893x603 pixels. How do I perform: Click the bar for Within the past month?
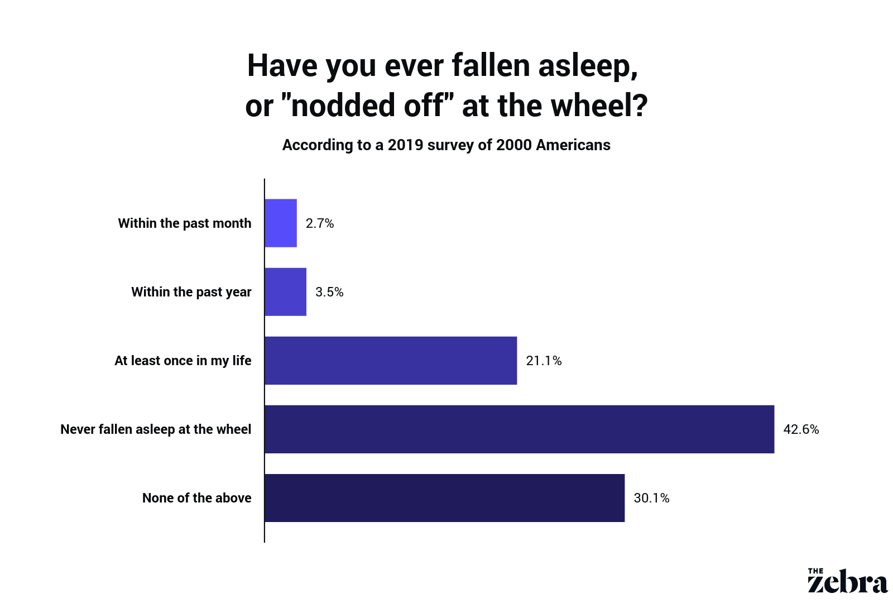[281, 223]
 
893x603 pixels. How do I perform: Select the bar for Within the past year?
[285, 292]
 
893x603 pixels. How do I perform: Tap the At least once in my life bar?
[391, 361]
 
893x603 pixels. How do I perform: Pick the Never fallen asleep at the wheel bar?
[520, 429]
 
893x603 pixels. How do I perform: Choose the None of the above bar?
[444, 497]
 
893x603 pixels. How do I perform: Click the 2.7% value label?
[320, 223]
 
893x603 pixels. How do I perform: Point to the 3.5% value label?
[329, 292]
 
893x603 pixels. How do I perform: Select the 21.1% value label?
[544, 361]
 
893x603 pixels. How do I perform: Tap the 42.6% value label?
[801, 429]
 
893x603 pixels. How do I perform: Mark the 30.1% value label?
[651, 497]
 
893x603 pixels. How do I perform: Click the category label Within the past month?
[185, 223]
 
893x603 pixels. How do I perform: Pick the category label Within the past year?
[191, 292]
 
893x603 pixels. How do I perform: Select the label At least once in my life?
[183, 361]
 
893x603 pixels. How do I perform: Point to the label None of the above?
[197, 497]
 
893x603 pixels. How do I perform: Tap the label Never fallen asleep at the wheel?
[156, 429]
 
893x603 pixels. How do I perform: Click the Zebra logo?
[848, 581]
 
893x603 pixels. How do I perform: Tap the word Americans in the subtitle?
[573, 145]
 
